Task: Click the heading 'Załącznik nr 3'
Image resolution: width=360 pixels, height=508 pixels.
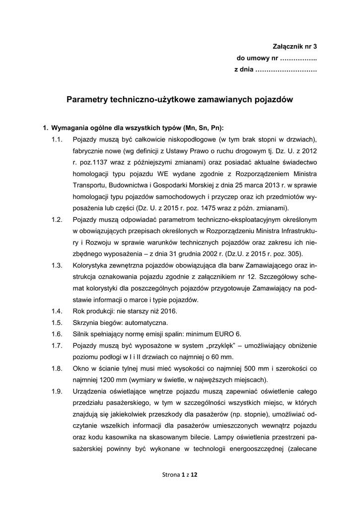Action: click(294, 47)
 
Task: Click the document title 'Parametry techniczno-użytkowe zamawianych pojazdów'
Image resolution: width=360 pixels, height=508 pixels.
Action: click(180, 99)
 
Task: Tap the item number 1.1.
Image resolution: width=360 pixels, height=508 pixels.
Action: click(57, 139)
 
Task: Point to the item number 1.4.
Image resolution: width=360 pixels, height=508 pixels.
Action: click(57, 311)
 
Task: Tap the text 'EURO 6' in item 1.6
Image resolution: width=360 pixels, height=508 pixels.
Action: click(228, 334)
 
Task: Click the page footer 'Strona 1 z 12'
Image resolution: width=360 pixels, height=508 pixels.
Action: click(180, 475)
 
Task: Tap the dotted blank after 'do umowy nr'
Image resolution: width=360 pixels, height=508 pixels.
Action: click(298, 59)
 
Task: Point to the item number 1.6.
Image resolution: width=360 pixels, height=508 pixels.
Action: click(57, 334)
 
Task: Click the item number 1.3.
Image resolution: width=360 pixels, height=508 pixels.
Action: click(57, 265)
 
